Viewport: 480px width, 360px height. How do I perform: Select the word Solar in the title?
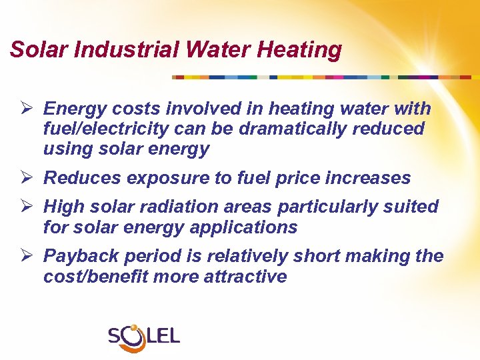pyautogui.click(x=37, y=49)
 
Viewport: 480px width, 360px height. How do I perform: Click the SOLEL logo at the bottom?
pyautogui.click(x=144, y=335)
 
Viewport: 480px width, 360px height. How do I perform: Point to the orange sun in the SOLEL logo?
pyautogui.click(x=134, y=328)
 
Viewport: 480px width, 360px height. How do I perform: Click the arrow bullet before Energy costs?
pyautogui.click(x=28, y=109)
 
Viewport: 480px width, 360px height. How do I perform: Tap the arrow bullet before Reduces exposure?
pyautogui.click(x=28, y=178)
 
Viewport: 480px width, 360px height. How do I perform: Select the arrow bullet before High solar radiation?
pyautogui.click(x=28, y=207)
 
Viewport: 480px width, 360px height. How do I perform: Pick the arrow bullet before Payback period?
pyautogui.click(x=28, y=256)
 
